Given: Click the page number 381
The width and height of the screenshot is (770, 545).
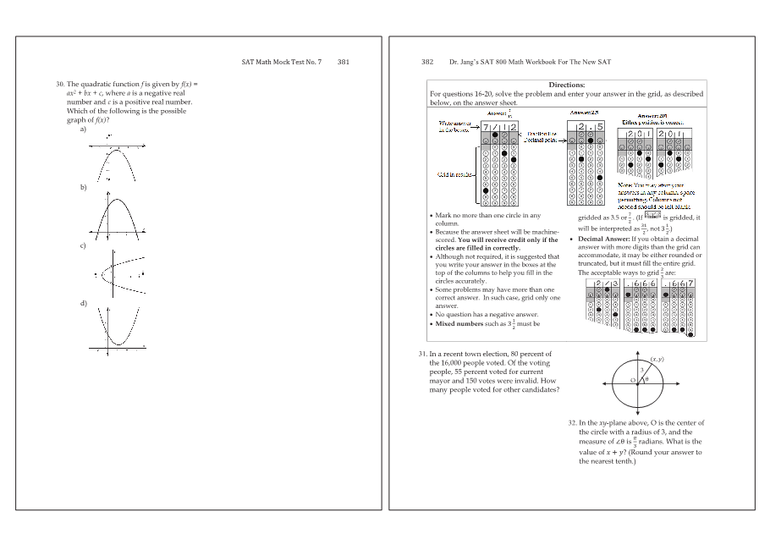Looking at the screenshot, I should pos(344,62).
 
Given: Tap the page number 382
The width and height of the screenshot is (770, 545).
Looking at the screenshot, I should pos(427,62).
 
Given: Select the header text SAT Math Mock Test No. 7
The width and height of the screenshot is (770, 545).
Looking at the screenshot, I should pos(282,62).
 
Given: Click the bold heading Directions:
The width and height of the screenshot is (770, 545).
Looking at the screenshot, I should pos(566,85).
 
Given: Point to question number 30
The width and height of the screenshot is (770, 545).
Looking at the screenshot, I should pos(60,85).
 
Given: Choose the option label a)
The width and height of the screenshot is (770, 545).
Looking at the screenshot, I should pos(83,129).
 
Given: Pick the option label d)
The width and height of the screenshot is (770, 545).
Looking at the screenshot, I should pos(83,302).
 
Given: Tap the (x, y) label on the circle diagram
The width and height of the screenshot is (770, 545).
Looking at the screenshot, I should pos(657,360).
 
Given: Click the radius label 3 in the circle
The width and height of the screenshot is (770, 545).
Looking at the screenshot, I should pos(642,370).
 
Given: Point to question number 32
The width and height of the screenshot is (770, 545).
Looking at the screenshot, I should pos(572,422).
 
